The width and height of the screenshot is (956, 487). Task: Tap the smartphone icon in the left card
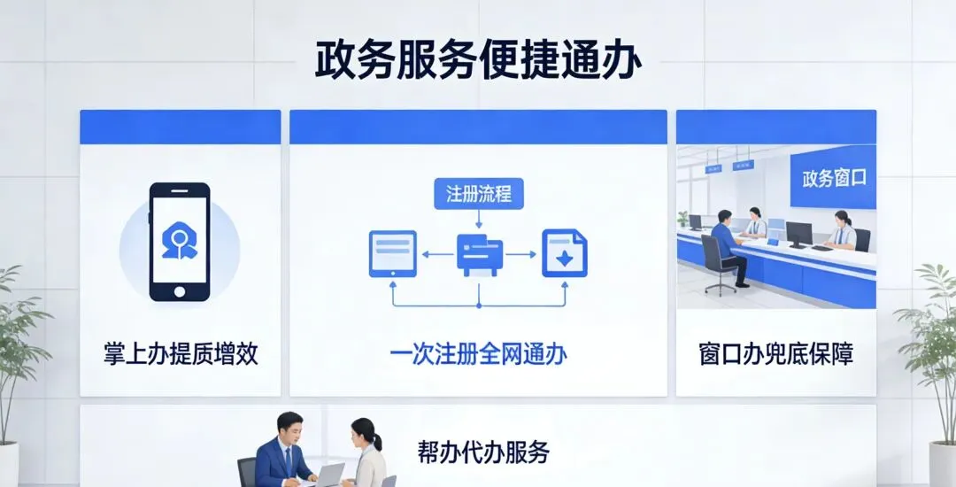pos(180,242)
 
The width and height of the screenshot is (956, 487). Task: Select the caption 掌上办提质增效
pos(181,354)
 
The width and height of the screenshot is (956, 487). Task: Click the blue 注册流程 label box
pos(478,194)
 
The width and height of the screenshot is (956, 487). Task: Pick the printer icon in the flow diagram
pos(479,254)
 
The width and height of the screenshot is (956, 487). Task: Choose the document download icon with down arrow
pos(564,253)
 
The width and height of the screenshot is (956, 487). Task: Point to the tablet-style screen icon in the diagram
pos(392,253)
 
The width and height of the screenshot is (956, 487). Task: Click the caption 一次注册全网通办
pos(478,354)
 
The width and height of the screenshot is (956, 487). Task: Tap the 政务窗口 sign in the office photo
pos(833,178)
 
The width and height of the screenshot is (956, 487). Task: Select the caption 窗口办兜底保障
pos(775,354)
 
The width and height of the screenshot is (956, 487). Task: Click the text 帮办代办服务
pos(483,452)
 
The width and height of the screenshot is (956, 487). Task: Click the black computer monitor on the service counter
pos(798,234)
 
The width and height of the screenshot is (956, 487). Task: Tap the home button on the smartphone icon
pos(180,291)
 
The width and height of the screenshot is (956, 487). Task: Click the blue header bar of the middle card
pos(478,127)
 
